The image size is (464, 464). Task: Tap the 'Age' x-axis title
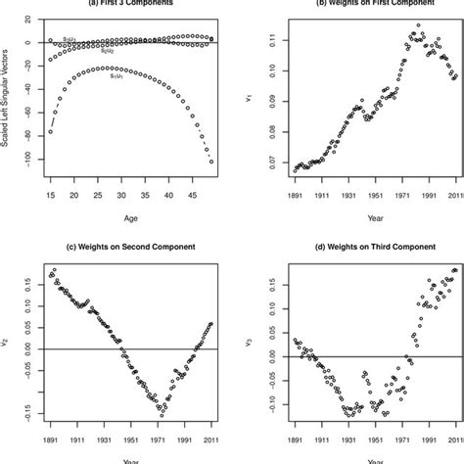pyautogui.click(x=116, y=219)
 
